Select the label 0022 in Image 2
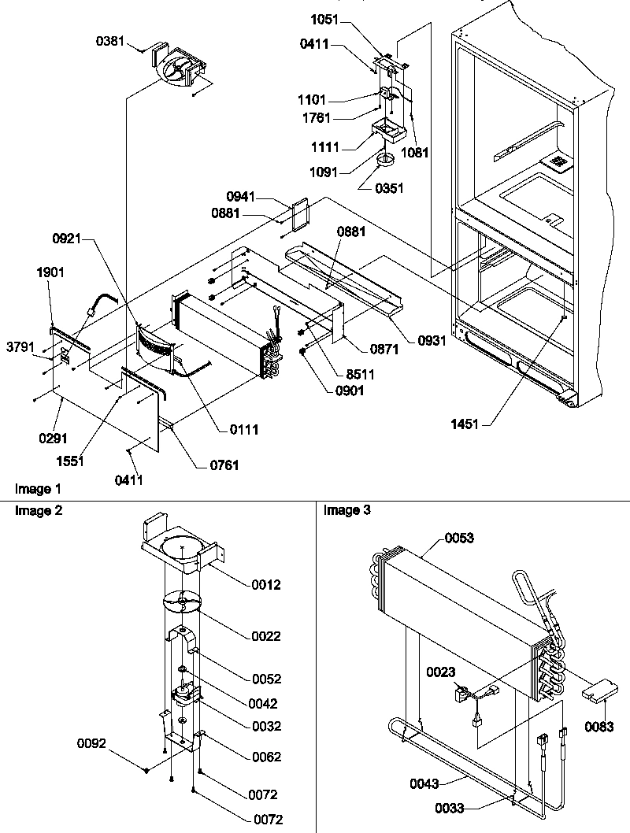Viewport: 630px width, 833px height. pyautogui.click(x=265, y=636)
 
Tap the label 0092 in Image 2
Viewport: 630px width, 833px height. pyautogui.click(x=94, y=742)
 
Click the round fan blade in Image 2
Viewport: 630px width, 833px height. pyautogui.click(x=183, y=602)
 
